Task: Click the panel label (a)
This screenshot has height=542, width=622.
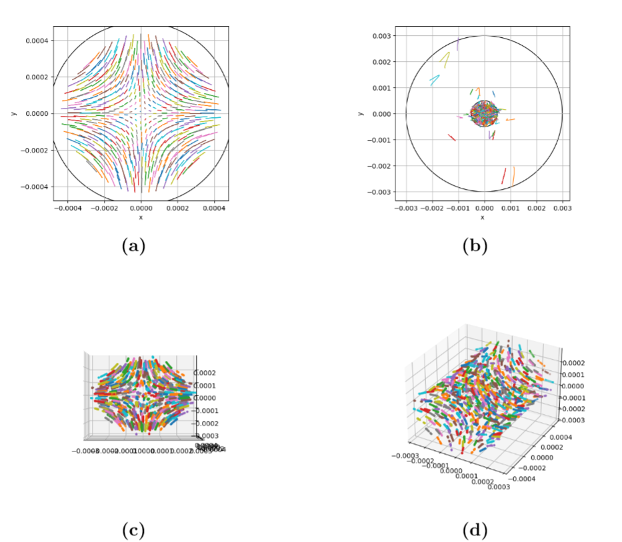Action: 133,246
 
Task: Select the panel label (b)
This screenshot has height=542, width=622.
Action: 475,246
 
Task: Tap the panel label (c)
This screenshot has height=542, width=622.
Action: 133,530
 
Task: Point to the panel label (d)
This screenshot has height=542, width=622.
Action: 475,530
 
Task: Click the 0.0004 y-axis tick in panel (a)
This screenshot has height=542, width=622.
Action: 35,41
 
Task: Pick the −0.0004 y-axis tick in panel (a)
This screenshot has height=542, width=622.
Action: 33,187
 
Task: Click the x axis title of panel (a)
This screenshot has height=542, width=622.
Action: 141,218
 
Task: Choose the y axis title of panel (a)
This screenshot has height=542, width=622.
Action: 13,114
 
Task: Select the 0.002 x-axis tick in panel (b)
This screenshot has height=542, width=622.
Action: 536,208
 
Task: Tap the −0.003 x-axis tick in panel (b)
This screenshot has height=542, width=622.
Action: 407,208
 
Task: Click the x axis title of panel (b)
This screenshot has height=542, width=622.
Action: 484,218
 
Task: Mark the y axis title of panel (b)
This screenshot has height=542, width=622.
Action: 360,114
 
